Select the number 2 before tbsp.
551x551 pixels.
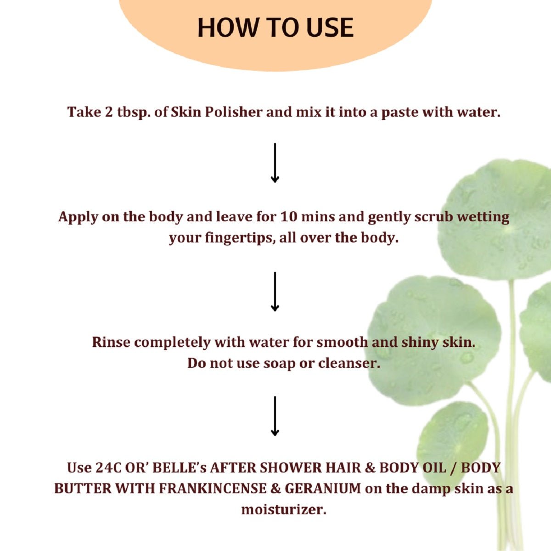click(x=109, y=112)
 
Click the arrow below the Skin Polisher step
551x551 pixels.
click(x=275, y=163)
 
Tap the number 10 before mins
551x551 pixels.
click(x=289, y=217)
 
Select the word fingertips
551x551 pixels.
click(x=240, y=238)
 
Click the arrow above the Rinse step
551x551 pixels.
click(x=275, y=292)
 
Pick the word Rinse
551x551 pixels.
click(x=111, y=342)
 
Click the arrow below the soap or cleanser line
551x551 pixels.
click(x=275, y=416)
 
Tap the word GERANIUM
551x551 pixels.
click(x=323, y=489)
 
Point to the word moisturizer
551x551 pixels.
click(x=284, y=510)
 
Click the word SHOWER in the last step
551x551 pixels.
click(x=291, y=467)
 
